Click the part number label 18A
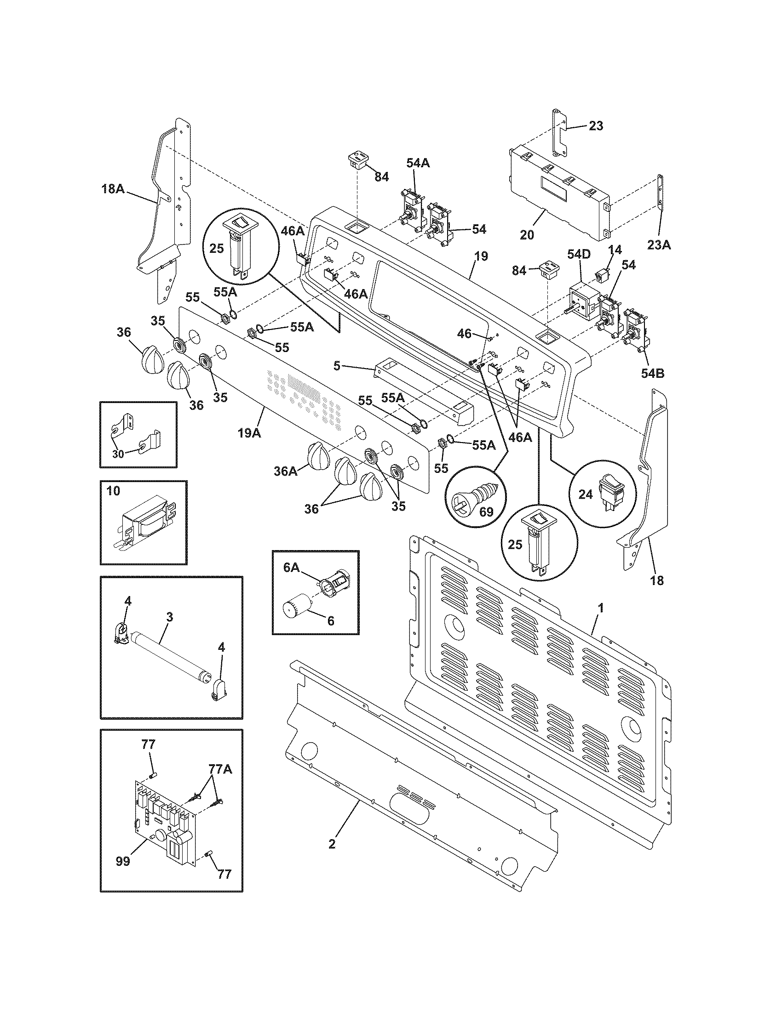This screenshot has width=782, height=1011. click(113, 189)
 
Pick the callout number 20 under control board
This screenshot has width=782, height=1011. click(527, 235)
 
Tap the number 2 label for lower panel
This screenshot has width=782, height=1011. click(331, 843)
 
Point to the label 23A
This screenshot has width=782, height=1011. click(659, 245)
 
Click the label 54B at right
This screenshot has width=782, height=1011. click(653, 373)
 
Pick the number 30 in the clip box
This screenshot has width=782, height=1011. click(118, 454)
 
